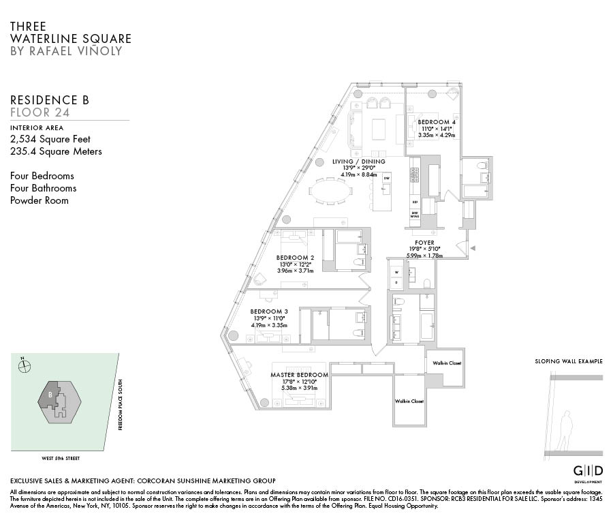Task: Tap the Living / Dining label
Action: tap(358, 162)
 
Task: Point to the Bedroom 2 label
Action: tap(294, 258)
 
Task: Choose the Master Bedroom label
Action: tap(299, 375)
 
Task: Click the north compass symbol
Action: tap(25, 365)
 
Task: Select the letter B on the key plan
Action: tap(50, 394)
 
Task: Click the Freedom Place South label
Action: tap(120, 405)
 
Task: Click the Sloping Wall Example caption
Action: tap(568, 361)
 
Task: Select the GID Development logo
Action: tap(586, 473)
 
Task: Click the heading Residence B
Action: tap(50, 100)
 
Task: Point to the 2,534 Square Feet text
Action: tap(50, 139)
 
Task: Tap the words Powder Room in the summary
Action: tap(40, 200)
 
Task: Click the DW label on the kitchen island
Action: tap(386, 178)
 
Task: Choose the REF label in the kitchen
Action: tap(414, 202)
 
